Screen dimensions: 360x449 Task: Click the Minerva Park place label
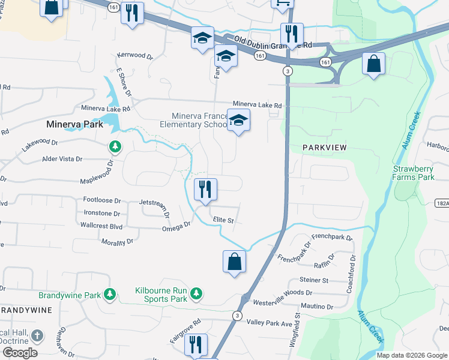point(75,125)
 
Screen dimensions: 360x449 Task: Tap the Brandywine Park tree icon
point(109,293)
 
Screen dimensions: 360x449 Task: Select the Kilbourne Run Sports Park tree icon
point(195,293)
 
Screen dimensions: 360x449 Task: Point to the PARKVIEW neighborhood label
point(325,147)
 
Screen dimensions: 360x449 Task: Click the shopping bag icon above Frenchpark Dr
point(234,262)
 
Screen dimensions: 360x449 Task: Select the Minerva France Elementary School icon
point(239,121)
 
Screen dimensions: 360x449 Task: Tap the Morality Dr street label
point(117,242)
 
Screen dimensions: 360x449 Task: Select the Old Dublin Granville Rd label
point(273,43)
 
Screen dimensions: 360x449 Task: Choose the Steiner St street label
point(314,280)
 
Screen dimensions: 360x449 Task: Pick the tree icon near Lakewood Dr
point(115,146)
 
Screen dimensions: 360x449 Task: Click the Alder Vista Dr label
point(62,159)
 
